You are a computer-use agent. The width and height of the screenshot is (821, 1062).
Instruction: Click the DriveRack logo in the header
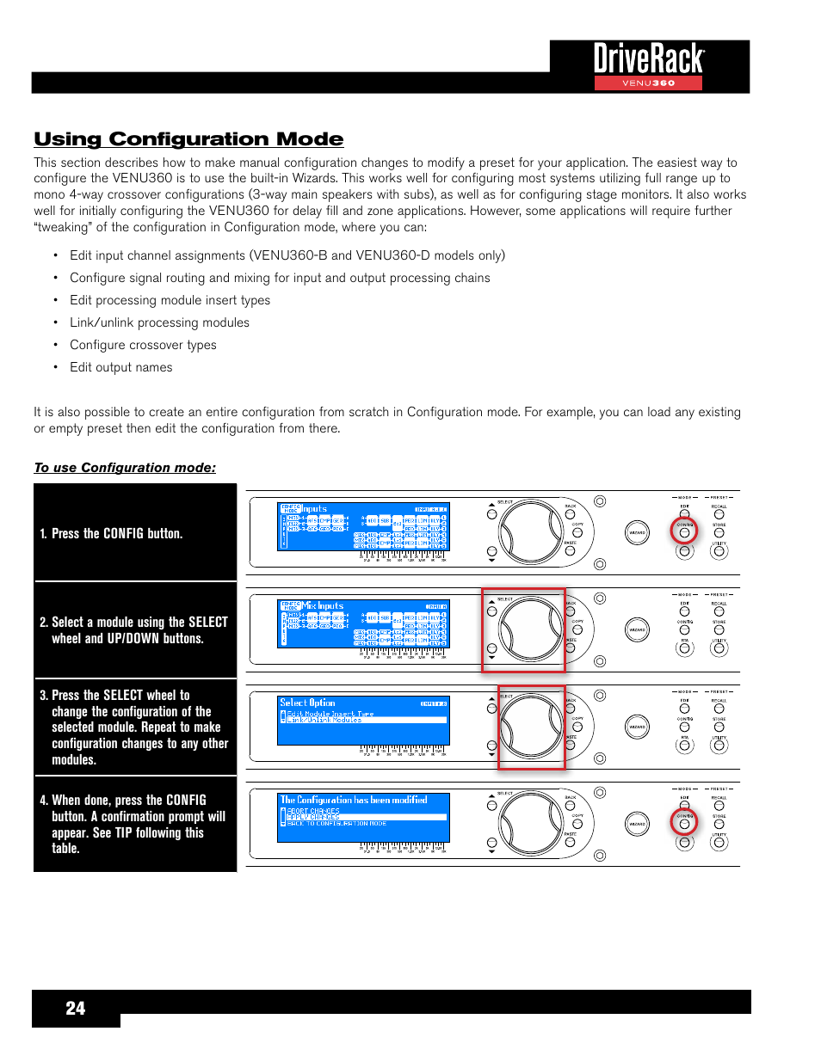point(649,59)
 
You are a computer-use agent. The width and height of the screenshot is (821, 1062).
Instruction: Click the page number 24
point(76,1009)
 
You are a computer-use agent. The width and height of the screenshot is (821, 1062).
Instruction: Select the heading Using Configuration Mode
point(188,139)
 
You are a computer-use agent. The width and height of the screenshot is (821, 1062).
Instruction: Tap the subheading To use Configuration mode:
point(125,468)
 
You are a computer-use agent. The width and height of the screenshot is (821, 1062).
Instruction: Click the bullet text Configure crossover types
point(143,345)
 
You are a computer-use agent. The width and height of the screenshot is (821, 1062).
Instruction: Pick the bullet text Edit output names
point(121,367)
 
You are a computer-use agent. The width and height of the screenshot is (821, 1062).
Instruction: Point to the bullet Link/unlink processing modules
point(159,322)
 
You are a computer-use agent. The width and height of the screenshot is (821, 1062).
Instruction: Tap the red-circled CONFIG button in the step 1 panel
point(684,532)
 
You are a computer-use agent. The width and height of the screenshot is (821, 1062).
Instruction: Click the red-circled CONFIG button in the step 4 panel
point(684,824)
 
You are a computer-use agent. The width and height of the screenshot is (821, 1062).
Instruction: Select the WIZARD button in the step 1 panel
point(637,533)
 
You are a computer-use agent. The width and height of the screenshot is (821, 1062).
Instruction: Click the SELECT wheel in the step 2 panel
point(530,630)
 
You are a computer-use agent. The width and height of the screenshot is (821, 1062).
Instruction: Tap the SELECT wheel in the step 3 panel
point(530,727)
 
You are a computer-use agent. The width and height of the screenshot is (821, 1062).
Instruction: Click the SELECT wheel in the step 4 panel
point(530,825)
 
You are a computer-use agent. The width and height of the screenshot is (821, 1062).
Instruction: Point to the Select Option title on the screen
point(307,703)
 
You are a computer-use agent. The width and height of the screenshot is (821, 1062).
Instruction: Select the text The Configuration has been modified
point(354,800)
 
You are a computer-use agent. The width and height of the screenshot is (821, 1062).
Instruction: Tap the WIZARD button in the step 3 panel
point(637,727)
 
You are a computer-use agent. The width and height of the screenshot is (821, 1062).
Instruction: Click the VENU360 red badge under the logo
point(648,83)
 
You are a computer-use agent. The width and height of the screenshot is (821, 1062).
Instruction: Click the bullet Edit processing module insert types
point(170,300)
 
